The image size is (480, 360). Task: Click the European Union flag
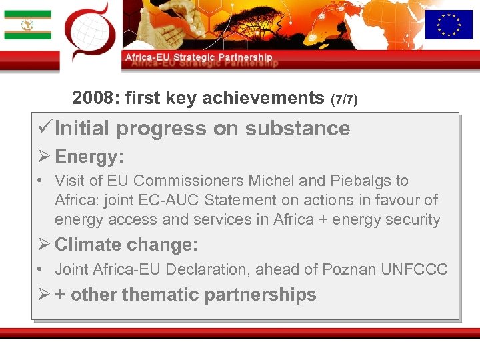click(449, 25)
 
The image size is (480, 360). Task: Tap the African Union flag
click(27, 25)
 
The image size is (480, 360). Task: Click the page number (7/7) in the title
click(344, 100)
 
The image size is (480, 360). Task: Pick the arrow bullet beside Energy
click(45, 157)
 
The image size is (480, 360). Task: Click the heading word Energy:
click(89, 157)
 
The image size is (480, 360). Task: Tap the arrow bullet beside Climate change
click(45, 245)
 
